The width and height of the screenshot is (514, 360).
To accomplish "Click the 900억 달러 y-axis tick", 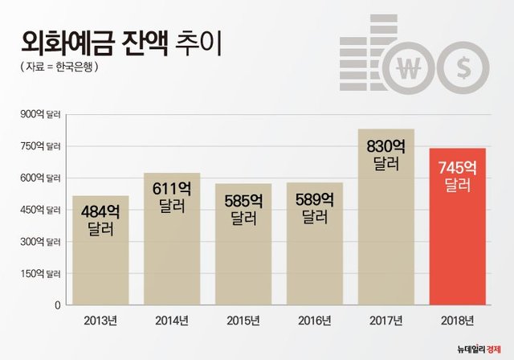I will coord(41,114).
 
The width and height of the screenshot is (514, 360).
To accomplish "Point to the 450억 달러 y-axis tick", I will coord(41,210).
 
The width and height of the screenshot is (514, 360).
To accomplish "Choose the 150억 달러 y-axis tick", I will coord(41,273).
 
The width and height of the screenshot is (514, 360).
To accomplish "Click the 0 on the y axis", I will coord(57,305).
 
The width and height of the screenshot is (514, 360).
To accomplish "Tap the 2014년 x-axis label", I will coord(172,321).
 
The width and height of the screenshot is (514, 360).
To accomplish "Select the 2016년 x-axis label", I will coord(315,321).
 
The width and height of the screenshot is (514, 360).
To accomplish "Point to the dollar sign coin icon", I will coord(465,68).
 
